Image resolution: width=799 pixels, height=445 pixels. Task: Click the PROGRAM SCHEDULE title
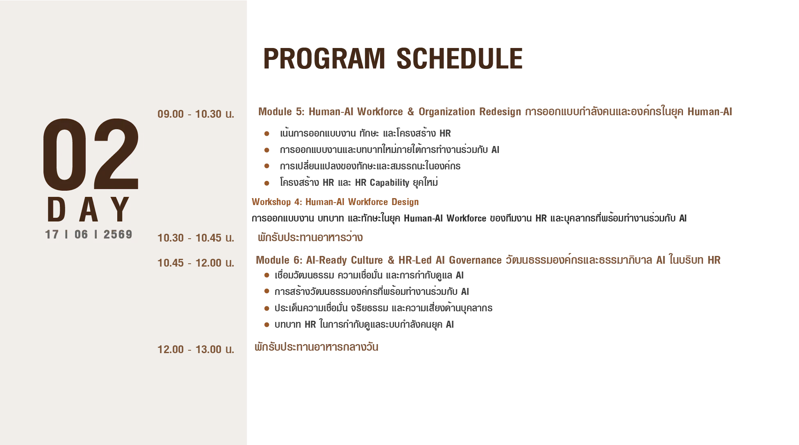pyautogui.click(x=393, y=58)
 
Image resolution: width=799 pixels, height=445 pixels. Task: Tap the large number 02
pyautogui.click(x=91, y=155)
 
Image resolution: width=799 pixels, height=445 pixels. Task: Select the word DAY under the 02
pyautogui.click(x=89, y=209)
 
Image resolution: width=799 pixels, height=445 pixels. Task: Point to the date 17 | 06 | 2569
pyautogui.click(x=89, y=234)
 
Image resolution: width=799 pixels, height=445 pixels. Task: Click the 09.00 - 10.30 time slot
pyautogui.click(x=196, y=114)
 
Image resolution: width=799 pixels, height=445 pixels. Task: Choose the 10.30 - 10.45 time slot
pyautogui.click(x=196, y=238)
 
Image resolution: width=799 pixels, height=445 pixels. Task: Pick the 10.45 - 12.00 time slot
pyautogui.click(x=196, y=263)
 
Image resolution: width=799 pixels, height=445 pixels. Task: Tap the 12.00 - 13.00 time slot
pyautogui.click(x=196, y=349)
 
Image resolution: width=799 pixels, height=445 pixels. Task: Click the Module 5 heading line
pyautogui.click(x=495, y=112)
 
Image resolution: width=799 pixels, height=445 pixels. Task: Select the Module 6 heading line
pyautogui.click(x=488, y=260)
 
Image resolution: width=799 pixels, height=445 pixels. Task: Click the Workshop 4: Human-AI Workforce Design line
pyautogui.click(x=335, y=202)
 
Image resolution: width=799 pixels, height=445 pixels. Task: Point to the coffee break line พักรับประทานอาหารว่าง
pyautogui.click(x=310, y=237)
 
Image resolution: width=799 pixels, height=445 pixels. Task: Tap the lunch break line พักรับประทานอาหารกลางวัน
pyautogui.click(x=316, y=347)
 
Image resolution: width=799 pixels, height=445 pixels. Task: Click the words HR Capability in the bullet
pyautogui.click(x=382, y=183)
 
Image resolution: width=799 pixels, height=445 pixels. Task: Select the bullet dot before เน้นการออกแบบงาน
pyautogui.click(x=267, y=134)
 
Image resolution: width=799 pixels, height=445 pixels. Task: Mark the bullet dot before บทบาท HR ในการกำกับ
pyautogui.click(x=267, y=325)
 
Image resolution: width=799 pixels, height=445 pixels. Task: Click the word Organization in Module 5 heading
pyautogui.click(x=447, y=112)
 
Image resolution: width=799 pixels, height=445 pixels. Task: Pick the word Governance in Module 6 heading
pyautogui.click(x=475, y=260)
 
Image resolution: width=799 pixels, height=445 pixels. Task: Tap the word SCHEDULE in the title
pyautogui.click(x=460, y=58)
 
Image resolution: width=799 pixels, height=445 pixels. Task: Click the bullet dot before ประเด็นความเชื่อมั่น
pyautogui.click(x=267, y=308)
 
